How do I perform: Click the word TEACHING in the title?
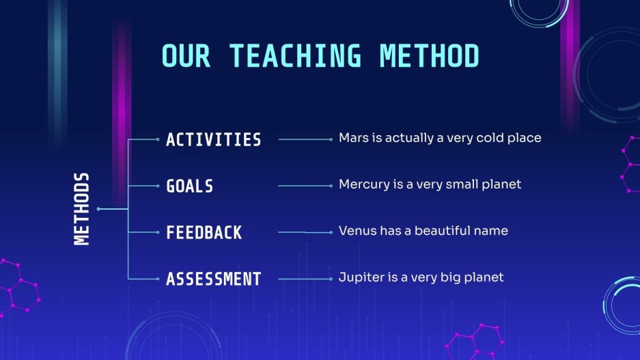(x=294, y=55)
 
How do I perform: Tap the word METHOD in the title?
(x=430, y=55)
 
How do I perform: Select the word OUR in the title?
(x=186, y=55)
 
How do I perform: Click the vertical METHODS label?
(x=81, y=208)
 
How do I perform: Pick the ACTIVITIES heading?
(x=214, y=140)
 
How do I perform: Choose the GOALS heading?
(x=190, y=186)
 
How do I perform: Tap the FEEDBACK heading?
(x=204, y=232)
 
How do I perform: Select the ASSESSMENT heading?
(x=214, y=279)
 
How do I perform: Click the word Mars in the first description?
(x=352, y=138)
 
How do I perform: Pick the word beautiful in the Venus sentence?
(x=434, y=231)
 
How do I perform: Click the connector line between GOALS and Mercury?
(x=305, y=186)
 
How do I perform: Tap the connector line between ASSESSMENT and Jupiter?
(x=305, y=279)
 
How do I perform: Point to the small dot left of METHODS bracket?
(x=99, y=208)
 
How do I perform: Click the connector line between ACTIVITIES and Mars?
(x=305, y=139)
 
